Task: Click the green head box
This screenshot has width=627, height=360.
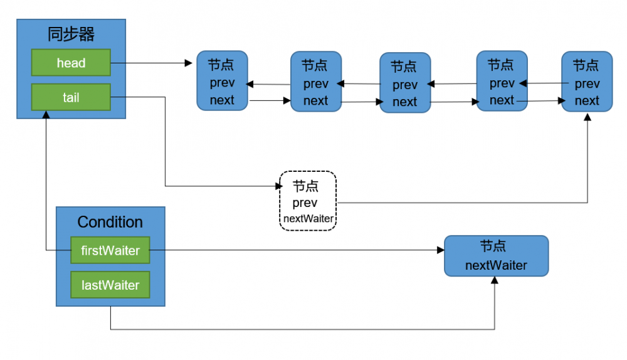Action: pos(71,63)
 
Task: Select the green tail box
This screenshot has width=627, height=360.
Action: pos(71,97)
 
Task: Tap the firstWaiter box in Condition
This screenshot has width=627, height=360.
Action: pos(110,250)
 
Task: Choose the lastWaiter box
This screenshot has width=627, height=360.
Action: pos(110,285)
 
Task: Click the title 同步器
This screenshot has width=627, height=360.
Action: pos(71,34)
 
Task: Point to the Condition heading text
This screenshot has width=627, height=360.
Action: pos(110,222)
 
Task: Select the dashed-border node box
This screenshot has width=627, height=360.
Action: pos(308,201)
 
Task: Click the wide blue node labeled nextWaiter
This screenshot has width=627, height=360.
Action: pos(496,256)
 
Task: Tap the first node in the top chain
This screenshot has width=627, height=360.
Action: pos(222,82)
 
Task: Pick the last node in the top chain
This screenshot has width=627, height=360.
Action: pos(587,82)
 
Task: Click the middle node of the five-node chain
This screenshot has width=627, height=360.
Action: pos(405,83)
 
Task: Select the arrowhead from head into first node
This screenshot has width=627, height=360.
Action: pos(189,63)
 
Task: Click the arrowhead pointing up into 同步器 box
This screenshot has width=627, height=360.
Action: pos(46,115)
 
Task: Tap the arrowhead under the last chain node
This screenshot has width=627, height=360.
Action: pos(587,117)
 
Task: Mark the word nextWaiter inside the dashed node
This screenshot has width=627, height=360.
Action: pos(308,219)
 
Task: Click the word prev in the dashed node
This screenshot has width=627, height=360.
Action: pos(305,203)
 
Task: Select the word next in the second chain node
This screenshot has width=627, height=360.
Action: pos(315,100)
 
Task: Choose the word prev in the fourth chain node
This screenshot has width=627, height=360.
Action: pos(502,83)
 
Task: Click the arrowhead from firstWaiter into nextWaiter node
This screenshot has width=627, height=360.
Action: pos(440,250)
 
